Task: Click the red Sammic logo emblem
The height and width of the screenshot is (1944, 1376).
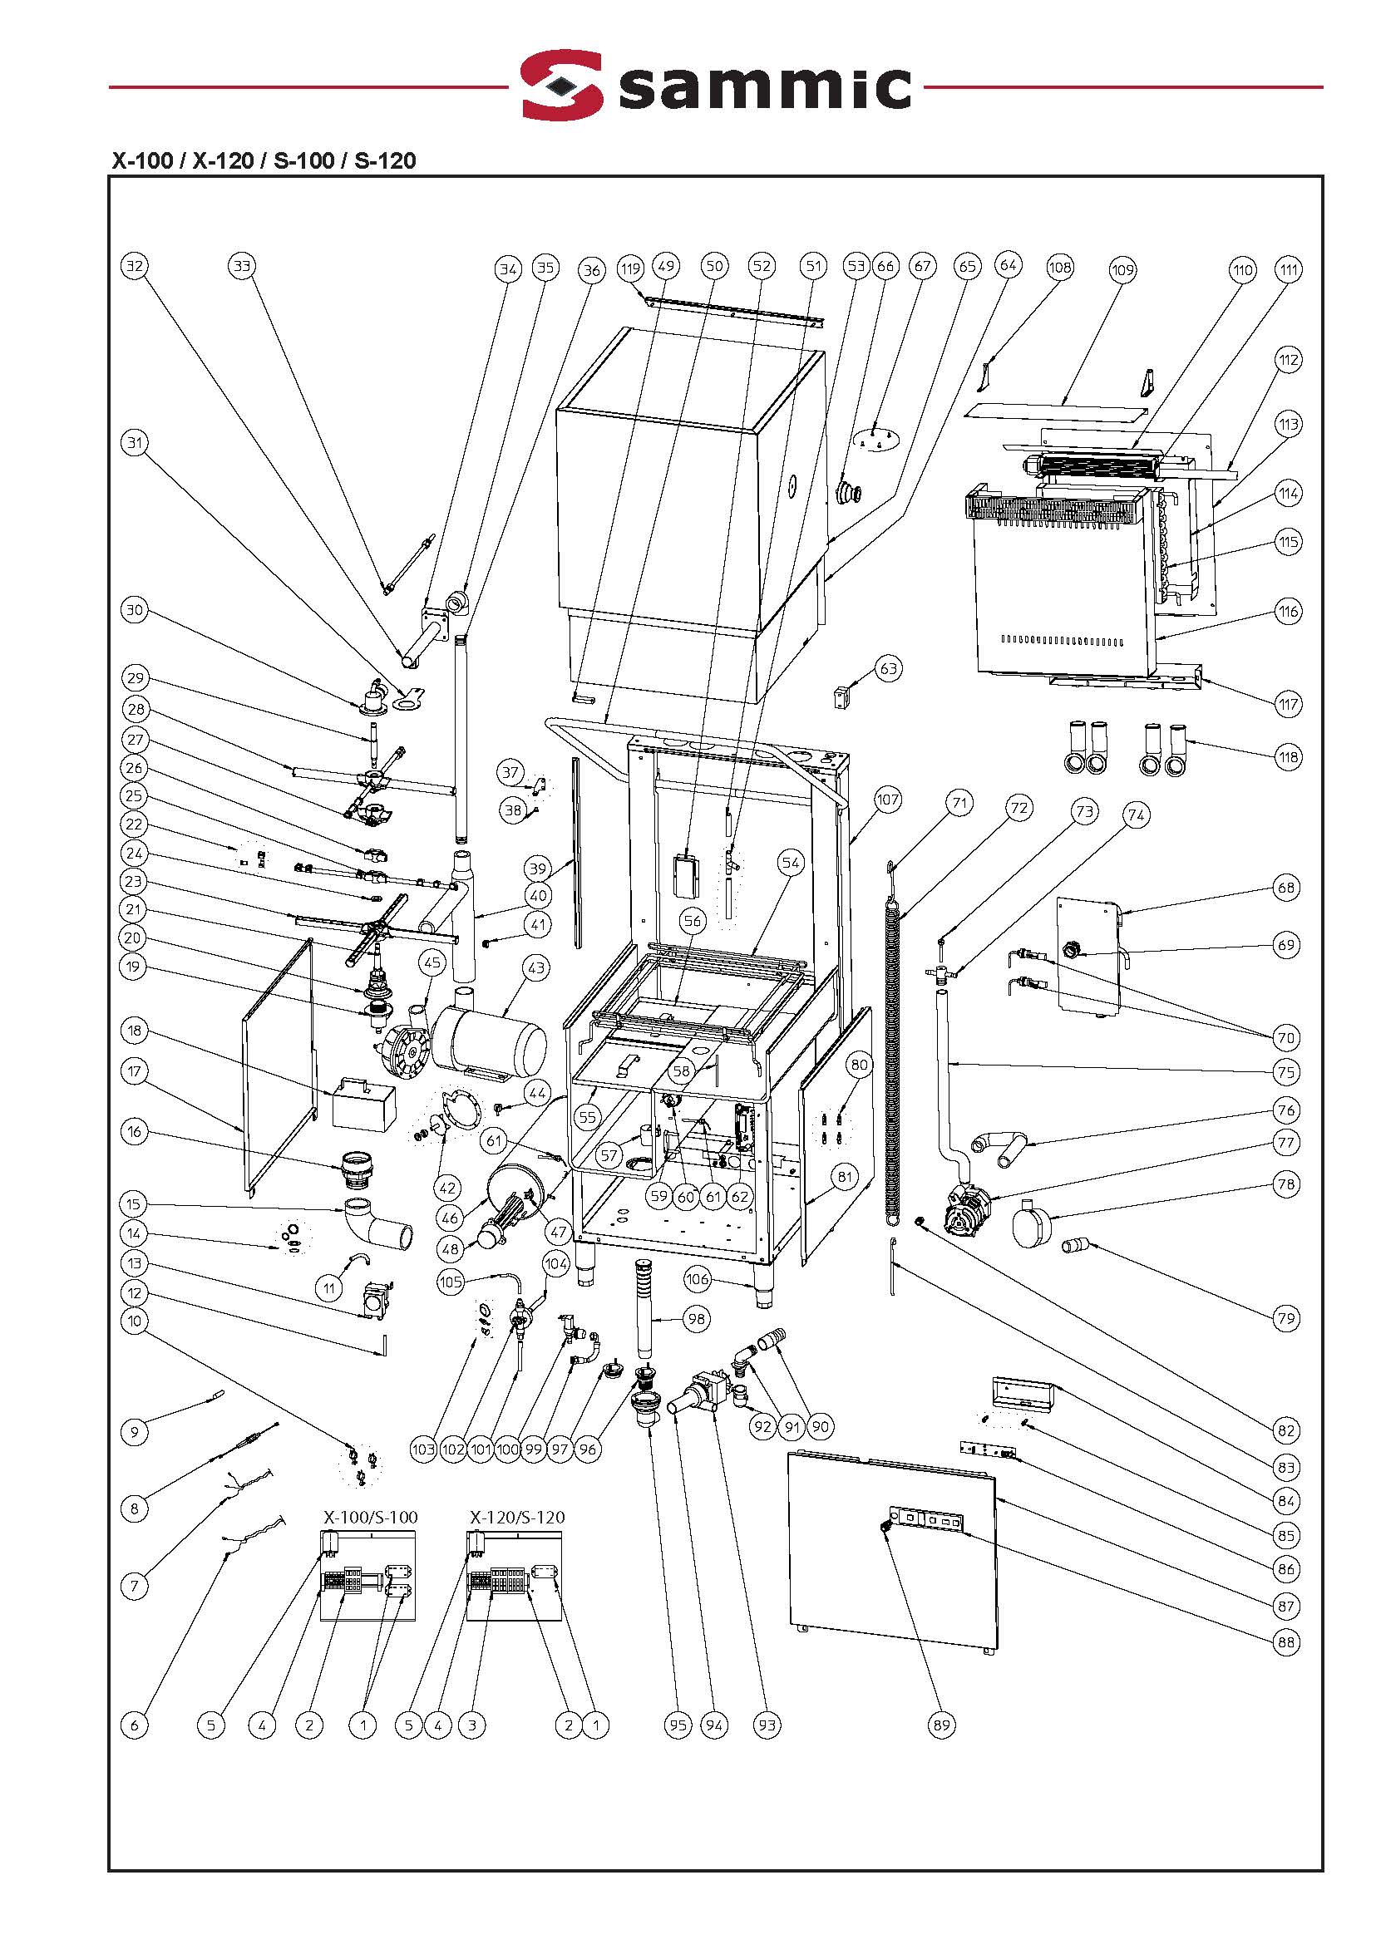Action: pos(562,85)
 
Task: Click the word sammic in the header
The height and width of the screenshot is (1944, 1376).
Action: pos(765,85)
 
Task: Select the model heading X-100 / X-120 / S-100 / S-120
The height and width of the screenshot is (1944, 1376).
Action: pos(264,161)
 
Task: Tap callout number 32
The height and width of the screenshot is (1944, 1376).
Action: pos(135,266)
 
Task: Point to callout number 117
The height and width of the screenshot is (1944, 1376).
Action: pos(1288,704)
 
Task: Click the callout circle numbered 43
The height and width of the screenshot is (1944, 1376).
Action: pos(536,967)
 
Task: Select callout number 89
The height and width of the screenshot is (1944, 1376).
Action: pos(941,1725)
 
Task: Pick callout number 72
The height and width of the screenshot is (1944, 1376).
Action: pos(1019,808)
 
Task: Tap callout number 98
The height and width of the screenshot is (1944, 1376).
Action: pos(697,1319)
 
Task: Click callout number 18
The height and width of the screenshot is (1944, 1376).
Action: pos(135,1031)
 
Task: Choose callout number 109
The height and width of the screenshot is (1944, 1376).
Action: pos(1122,270)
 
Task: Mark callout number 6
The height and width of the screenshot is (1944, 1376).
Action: pos(135,1725)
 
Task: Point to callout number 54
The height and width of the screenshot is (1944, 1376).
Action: pos(791,864)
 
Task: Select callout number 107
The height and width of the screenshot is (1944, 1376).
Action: pos(887,800)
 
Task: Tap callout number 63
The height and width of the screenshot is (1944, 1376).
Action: pos(888,668)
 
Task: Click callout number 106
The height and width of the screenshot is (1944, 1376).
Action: pos(697,1279)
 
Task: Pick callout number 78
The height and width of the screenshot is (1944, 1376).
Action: pos(1286,1184)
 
